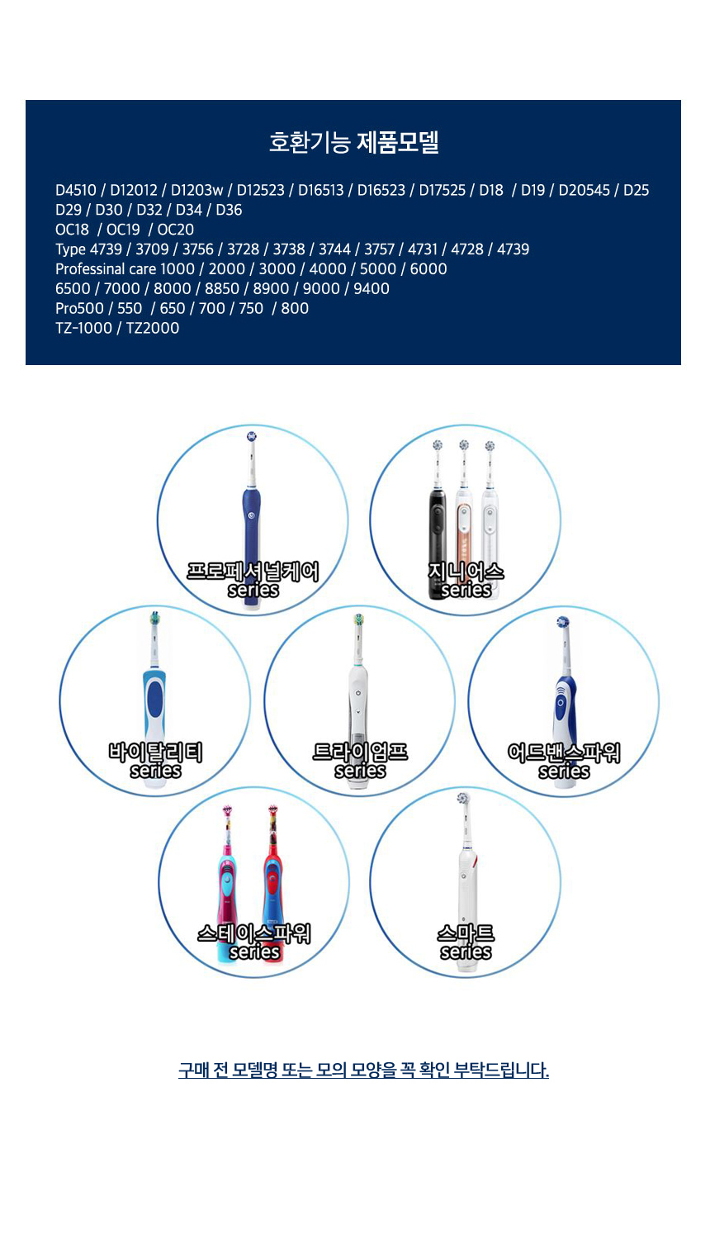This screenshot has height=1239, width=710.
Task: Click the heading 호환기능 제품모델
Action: [354, 142]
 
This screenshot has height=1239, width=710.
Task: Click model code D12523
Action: [260, 190]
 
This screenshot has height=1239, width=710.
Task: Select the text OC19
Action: [123, 230]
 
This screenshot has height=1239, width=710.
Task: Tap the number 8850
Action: [222, 289]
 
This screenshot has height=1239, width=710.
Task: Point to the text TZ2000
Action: [153, 328]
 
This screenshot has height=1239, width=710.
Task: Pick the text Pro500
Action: [79, 308]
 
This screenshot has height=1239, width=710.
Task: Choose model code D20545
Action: [584, 190]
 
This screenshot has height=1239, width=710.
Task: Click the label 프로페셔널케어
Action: [253, 572]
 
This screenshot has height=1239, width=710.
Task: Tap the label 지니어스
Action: [466, 572]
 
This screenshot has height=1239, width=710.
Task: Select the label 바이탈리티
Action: [155, 752]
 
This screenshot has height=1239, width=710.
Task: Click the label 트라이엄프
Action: [360, 752]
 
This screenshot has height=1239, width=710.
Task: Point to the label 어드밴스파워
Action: [564, 752]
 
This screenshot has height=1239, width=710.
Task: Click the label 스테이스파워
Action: [254, 933]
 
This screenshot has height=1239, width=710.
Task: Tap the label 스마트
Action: [466, 933]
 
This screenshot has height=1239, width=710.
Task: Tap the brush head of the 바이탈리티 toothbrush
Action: [155, 619]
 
